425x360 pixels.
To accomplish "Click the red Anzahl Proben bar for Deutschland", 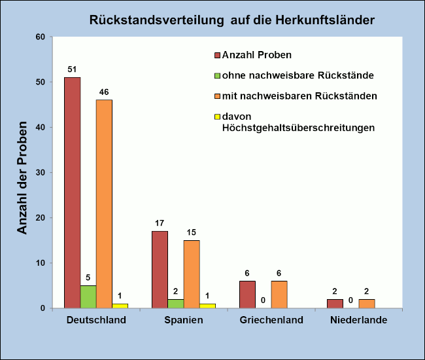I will pyautogui.click(x=73, y=192).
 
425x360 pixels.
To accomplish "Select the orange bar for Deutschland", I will pyautogui.click(x=104, y=204).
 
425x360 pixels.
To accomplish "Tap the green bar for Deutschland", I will pyautogui.click(x=88, y=297).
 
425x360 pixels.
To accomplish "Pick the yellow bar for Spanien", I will pyautogui.click(x=207, y=306).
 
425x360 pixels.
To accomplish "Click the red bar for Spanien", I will pyautogui.click(x=160, y=269).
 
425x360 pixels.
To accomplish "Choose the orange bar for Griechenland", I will pyautogui.click(x=279, y=295).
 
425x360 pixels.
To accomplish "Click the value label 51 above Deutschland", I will pyautogui.click(x=73, y=69).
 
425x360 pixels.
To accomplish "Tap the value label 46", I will pyautogui.click(x=104, y=92).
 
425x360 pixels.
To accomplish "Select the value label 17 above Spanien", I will pyautogui.click(x=160, y=223).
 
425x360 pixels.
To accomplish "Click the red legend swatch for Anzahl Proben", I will pyautogui.click(x=218, y=55).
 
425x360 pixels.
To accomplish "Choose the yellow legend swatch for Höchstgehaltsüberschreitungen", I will pyautogui.click(x=218, y=117).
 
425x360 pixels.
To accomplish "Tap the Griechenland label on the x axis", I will pyautogui.click(x=271, y=321).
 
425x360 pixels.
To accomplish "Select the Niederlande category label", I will pyautogui.click(x=359, y=321).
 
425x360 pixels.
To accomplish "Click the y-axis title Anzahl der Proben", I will pyautogui.click(x=22, y=177).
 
